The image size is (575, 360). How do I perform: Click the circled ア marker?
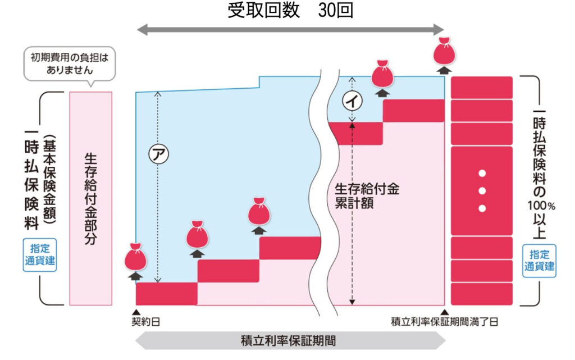pos(157,153)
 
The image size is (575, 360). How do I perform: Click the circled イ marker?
pos(353,101)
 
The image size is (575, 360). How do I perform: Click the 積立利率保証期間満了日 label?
pos(444,322)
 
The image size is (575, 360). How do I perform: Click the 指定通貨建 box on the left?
pos(40,254)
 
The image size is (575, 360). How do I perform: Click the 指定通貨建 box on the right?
pos(539,260)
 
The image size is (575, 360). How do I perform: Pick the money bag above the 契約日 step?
pos(135,257)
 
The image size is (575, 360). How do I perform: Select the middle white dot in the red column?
pos(482,190)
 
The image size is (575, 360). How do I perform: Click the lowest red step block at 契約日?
pos(167,293)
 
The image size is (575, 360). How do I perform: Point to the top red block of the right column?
pos(482,87)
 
